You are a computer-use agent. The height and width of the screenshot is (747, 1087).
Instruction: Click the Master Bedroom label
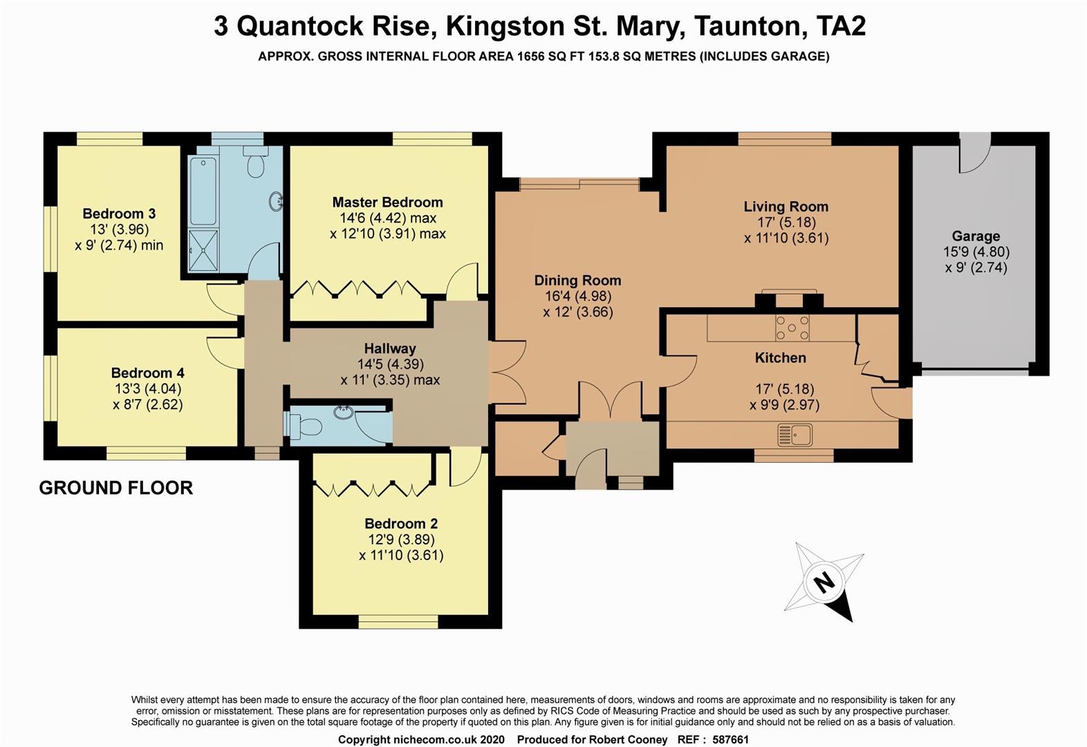click(387, 202)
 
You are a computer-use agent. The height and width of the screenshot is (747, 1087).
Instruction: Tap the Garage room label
click(976, 236)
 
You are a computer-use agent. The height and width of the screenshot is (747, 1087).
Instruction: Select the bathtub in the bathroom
click(203, 190)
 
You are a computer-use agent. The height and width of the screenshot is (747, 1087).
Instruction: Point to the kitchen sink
click(795, 435)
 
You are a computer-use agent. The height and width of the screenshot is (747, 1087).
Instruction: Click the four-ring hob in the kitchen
click(792, 327)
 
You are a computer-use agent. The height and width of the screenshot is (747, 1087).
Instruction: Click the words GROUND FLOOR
click(115, 488)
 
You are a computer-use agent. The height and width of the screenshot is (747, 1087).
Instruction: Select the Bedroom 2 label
click(401, 524)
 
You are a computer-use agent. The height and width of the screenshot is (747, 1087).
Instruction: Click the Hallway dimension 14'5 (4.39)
click(390, 364)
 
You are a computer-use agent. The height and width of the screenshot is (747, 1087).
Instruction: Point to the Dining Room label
click(577, 280)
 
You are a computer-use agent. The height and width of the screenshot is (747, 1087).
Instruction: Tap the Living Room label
click(786, 206)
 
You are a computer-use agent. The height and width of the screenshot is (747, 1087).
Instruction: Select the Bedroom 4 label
click(147, 373)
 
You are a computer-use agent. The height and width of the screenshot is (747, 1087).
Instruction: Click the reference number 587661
click(726, 739)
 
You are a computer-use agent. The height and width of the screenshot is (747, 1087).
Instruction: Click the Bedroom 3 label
click(119, 213)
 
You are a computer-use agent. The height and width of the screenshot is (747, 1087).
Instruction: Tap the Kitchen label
click(780, 358)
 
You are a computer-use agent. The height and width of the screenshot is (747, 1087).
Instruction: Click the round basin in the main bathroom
click(276, 201)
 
